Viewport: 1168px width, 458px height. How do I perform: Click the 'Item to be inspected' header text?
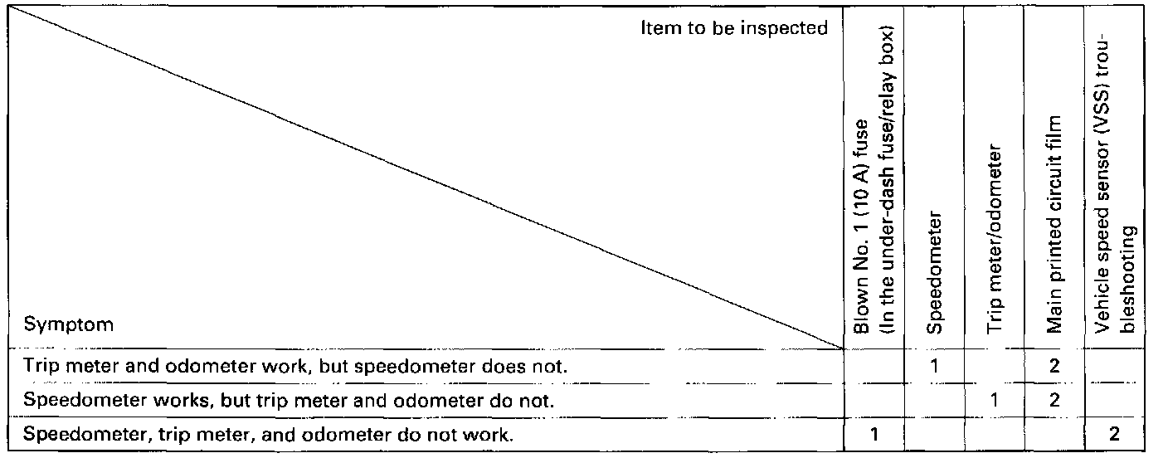pos(734,28)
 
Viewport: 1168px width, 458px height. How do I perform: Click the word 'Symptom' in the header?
pos(68,324)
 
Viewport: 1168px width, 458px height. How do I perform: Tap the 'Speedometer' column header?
pos(934,273)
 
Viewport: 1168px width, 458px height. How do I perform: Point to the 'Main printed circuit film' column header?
pos(1054,224)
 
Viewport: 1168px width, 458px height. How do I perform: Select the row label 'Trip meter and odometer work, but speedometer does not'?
pos(295,366)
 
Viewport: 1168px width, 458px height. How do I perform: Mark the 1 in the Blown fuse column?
pos(874,434)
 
